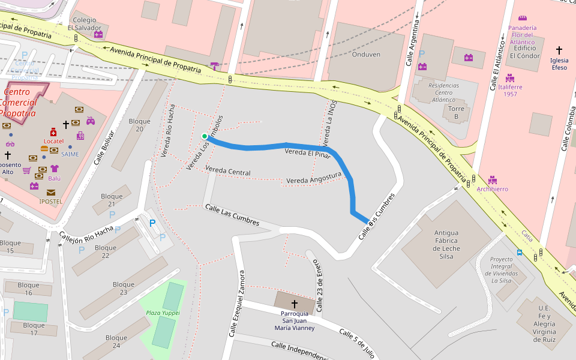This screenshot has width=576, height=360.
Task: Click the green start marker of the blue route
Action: click(205, 136)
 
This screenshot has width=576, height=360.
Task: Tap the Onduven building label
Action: click(366, 54)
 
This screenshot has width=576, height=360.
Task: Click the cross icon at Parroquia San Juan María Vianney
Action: click(294, 304)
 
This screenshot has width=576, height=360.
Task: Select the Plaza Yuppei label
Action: click(163, 313)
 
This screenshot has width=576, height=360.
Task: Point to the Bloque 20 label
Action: click(140, 125)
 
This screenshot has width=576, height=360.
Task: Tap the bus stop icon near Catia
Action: click(519, 253)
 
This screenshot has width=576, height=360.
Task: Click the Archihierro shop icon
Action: click(493, 179)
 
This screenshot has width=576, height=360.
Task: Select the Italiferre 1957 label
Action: click(510, 91)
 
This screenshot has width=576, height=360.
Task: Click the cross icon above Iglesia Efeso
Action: click(559, 50)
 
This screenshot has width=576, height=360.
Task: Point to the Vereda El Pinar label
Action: click(307, 152)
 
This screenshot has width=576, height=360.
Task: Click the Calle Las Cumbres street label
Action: click(232, 215)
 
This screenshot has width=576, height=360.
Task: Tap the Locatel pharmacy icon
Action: click(53, 131)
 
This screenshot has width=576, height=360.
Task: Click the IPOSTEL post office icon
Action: click(50, 193)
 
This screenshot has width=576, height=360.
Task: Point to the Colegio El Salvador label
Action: click(84, 24)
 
